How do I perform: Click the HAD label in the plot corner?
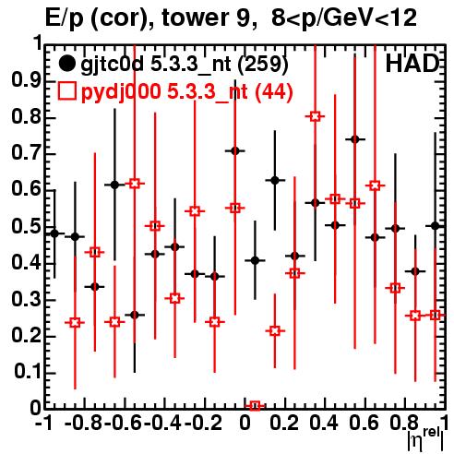pyautogui.click(x=412, y=64)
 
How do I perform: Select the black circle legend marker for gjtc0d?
pyautogui.click(x=66, y=64)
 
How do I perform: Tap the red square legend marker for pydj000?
pyautogui.click(x=66, y=91)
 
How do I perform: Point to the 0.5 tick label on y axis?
pyautogui.click(x=26, y=226)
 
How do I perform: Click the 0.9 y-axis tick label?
pyautogui.click(x=26, y=80)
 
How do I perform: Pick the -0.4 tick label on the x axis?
pyautogui.click(x=163, y=423)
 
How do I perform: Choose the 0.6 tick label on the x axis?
pyautogui.click(x=364, y=423)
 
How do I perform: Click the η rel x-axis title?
pyautogui.click(x=425, y=439)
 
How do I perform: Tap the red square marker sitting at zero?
pyautogui.click(x=255, y=406)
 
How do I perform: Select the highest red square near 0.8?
pyautogui.click(x=315, y=116)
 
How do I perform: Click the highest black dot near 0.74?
pyautogui.click(x=355, y=139)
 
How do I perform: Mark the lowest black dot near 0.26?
pyautogui.click(x=135, y=315)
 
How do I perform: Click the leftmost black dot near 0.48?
pyautogui.click(x=54, y=233)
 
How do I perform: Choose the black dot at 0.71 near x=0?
pyautogui.click(x=235, y=150)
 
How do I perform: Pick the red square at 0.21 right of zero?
pyautogui.click(x=275, y=331)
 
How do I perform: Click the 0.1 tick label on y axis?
pyautogui.click(x=26, y=372)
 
